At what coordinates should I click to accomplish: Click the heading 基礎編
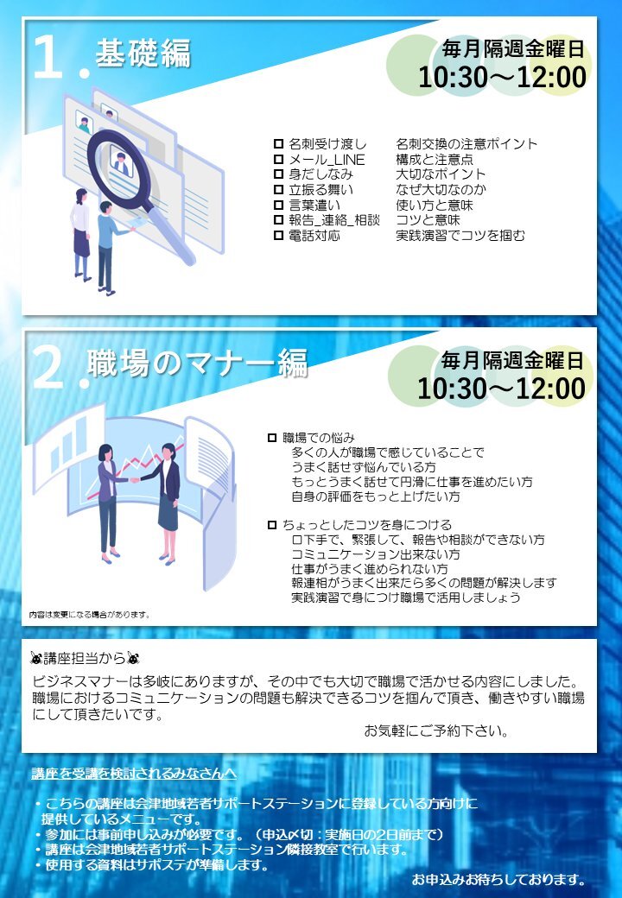point(143,54)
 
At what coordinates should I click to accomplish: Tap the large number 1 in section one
point(48,56)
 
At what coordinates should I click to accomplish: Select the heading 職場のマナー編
point(198,364)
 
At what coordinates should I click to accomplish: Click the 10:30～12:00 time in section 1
point(502,78)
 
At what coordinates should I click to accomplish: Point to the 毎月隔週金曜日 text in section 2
point(512,360)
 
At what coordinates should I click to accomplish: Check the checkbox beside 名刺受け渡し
point(278,143)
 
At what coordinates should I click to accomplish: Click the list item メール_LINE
point(327,159)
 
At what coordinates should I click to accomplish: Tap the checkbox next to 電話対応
point(278,235)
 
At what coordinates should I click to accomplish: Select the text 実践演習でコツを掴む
point(460,235)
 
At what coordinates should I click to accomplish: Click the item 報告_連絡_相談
point(334,220)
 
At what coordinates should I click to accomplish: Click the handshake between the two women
point(135,479)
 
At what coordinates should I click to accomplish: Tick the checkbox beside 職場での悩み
point(272,438)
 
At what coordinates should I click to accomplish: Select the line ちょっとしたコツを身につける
point(366,525)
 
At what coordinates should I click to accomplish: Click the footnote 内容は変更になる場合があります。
point(90,615)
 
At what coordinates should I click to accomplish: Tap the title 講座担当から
point(86,658)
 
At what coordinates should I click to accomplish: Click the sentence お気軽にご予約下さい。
point(436,730)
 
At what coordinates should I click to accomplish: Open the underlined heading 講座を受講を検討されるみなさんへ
point(134,773)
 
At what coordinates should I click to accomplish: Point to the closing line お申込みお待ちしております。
point(498,879)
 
